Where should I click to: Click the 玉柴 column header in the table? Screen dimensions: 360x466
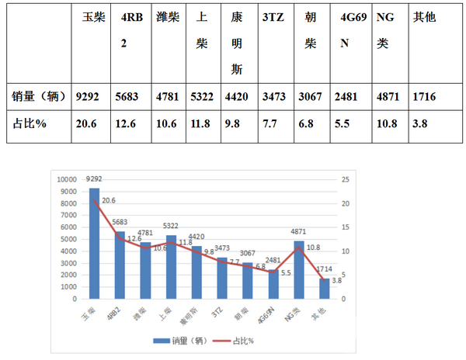click(93, 17)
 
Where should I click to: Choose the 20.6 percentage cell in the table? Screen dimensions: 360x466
click(89, 125)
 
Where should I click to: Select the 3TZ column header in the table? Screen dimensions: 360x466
click(273, 17)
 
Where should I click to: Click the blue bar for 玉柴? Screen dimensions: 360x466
click(94, 244)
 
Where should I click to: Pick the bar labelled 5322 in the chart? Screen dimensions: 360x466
click(172, 267)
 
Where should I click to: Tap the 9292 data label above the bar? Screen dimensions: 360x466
click(95, 183)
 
